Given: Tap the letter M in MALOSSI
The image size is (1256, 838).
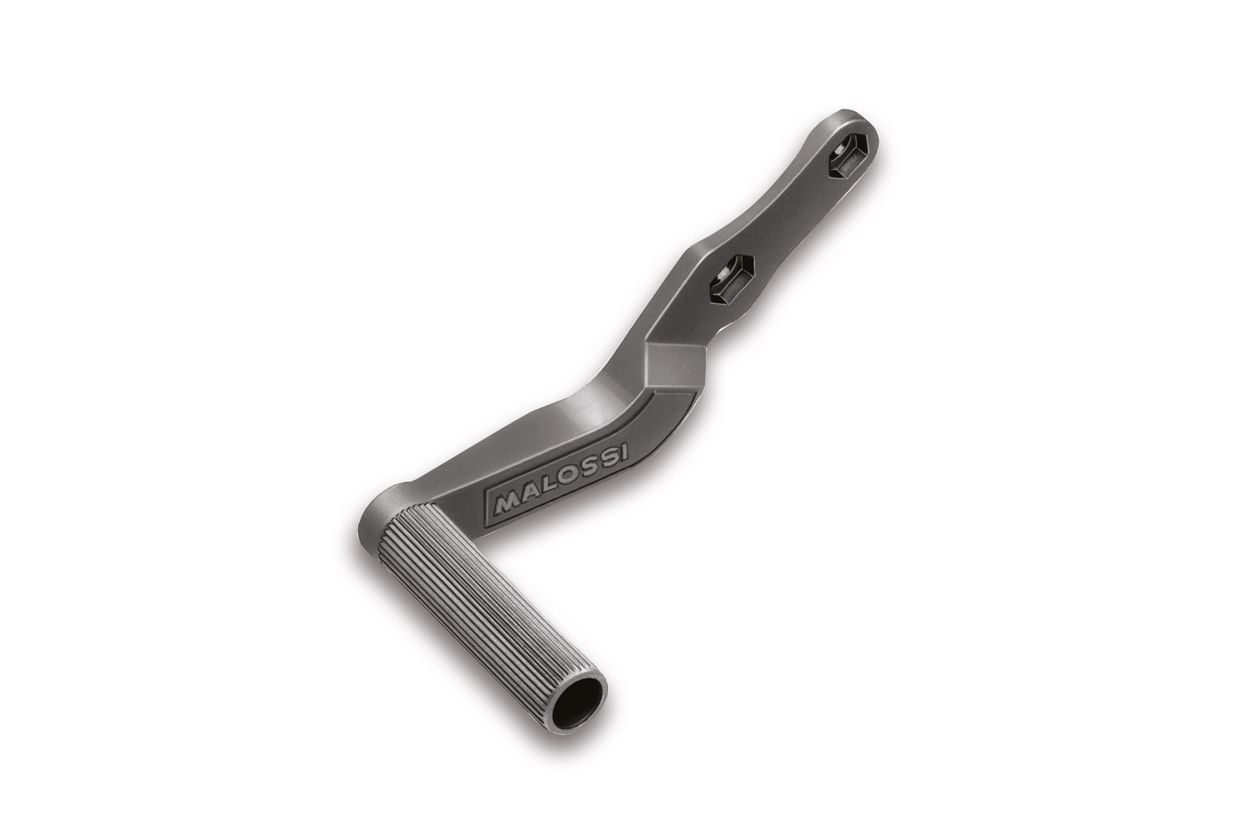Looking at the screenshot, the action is (505, 503).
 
